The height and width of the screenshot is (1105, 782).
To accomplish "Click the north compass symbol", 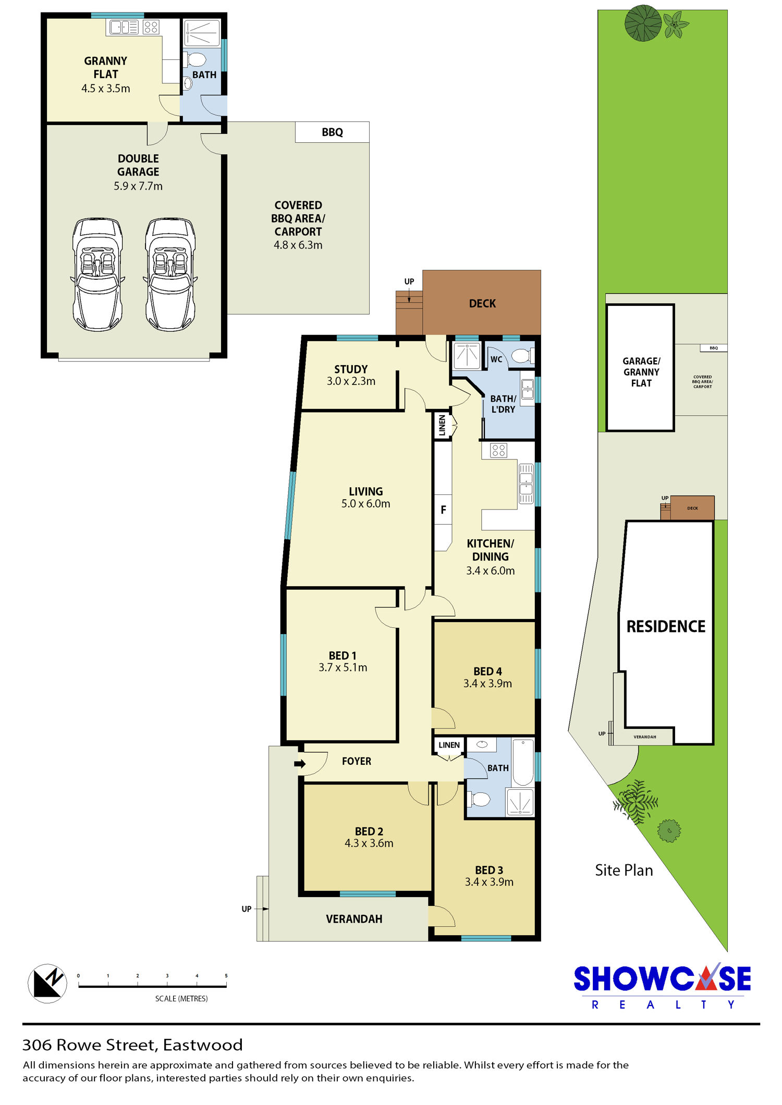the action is click(47, 983).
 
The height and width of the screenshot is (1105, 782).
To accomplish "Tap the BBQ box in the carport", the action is click(332, 132).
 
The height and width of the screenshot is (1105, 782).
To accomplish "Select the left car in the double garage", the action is click(97, 275).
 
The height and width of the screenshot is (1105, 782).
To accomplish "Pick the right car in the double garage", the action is click(170, 275).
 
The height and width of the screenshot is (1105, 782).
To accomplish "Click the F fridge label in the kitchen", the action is click(443, 510).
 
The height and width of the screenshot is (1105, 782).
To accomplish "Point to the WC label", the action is click(496, 359).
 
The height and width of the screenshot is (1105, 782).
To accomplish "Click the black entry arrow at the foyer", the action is click(300, 764).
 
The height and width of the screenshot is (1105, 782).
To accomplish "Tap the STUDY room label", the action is click(351, 369).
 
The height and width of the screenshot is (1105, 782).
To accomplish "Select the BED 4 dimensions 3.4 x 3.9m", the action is click(487, 684).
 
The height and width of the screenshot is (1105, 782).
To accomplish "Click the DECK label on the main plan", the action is click(482, 303).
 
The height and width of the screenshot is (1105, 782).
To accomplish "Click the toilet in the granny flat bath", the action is click(194, 59).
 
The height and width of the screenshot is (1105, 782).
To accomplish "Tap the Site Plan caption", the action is click(624, 870).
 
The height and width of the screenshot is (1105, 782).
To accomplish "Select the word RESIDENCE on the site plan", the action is click(666, 626).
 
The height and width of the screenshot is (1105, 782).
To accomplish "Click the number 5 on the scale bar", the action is click(226, 976).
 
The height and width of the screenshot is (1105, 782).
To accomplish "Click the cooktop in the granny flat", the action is click(151, 27).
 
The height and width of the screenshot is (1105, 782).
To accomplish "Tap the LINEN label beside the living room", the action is click(443, 425).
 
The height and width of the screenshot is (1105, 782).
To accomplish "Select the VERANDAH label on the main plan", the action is click(354, 919).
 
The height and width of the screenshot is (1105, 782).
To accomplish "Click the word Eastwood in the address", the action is click(203, 1045).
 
